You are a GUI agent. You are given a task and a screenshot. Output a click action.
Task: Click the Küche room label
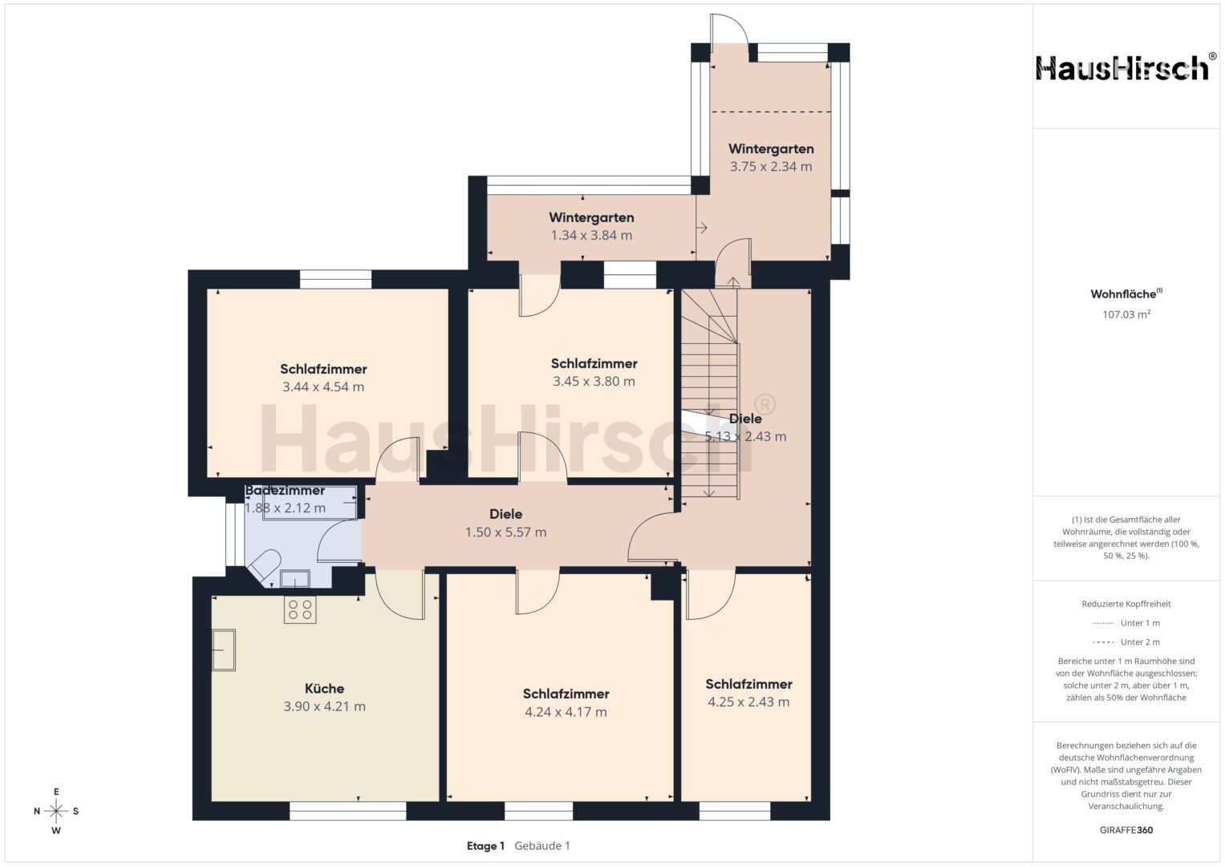coord(324,688)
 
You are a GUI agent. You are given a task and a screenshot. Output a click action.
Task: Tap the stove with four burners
coord(300,609)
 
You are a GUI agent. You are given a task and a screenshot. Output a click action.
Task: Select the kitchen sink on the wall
coord(224,650)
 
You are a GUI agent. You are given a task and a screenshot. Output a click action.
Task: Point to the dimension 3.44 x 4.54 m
coord(323,387)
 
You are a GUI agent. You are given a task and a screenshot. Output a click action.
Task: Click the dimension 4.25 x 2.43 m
coord(748,702)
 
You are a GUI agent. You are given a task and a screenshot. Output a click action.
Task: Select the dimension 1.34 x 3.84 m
coord(591,236)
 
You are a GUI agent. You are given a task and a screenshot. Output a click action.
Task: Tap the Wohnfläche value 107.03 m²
coord(1126,314)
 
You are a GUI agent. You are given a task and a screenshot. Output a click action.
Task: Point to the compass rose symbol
coord(56,811)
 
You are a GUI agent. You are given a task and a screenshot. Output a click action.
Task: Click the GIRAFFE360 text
coord(1126,830)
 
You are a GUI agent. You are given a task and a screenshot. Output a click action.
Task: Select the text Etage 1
coord(485,846)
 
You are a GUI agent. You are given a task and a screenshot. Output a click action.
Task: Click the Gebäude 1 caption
coord(542,846)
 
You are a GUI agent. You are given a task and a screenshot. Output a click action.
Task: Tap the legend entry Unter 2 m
coord(1126,641)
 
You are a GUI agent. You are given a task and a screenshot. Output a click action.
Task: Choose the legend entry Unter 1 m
coord(1126,623)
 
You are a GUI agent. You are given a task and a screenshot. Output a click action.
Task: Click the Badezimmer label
coord(285,491)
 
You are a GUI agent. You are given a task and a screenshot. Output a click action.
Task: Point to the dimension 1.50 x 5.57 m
coord(506,532)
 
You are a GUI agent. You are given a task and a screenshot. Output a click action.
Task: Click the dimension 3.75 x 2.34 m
coord(771,167)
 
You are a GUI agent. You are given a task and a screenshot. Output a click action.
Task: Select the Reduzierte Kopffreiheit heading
coord(1126,604)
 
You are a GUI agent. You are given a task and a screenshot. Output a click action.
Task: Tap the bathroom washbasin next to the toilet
coord(295,579)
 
